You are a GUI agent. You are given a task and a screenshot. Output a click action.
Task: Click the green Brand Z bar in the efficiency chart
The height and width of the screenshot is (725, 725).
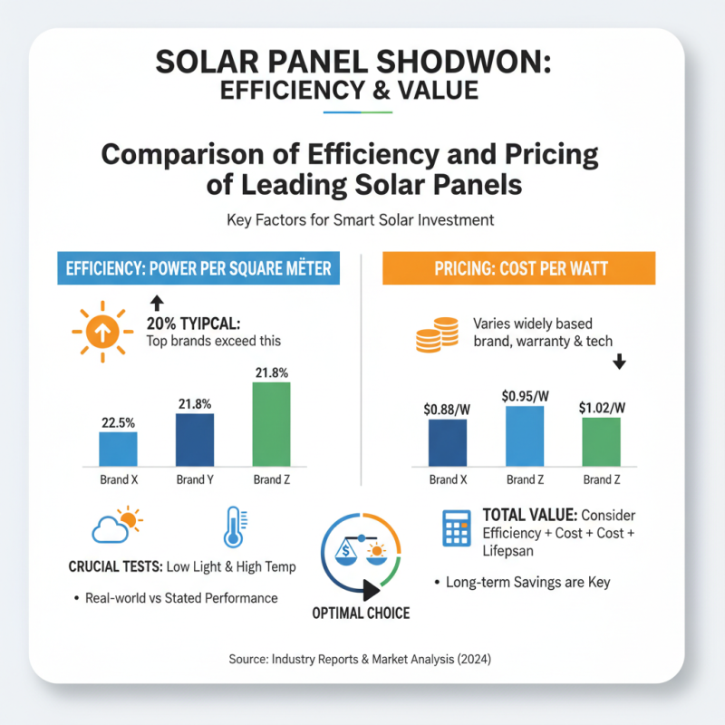(271, 422)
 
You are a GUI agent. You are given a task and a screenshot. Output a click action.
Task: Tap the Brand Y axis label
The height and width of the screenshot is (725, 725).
(194, 479)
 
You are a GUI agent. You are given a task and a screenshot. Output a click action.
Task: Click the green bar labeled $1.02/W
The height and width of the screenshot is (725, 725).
(601, 440)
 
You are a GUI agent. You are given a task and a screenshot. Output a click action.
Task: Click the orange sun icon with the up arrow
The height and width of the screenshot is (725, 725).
(102, 333)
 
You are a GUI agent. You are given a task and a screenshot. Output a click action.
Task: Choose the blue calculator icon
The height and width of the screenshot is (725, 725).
(455, 527)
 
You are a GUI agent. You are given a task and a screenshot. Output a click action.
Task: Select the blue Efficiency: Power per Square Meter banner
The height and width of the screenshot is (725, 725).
(198, 269)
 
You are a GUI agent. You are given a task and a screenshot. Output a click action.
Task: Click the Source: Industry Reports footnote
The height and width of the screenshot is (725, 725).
(362, 660)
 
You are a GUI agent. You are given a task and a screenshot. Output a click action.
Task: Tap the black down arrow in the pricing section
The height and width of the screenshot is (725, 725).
(619, 362)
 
